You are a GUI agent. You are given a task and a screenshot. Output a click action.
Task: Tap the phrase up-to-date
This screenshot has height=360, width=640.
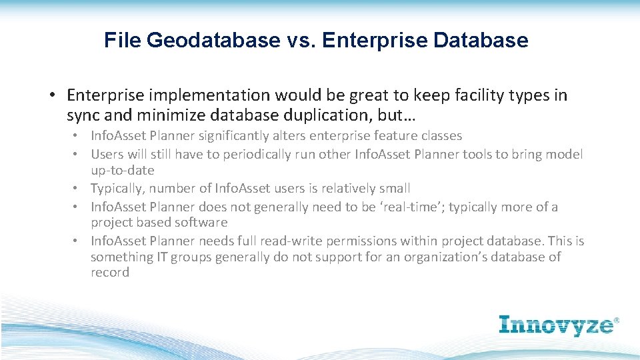122,171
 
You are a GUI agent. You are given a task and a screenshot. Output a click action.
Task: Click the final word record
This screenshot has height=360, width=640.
110,273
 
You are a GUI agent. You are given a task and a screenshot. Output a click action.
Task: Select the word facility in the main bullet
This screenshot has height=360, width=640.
447,95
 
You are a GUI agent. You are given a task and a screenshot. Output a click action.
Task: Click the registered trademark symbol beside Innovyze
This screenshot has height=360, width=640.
616,321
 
